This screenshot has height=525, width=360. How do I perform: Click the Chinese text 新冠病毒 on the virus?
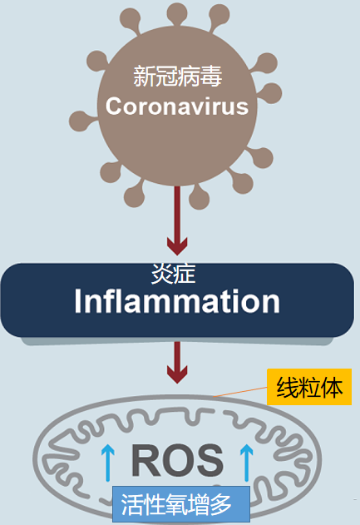click(x=177, y=77)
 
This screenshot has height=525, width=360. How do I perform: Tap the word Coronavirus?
click(x=177, y=106)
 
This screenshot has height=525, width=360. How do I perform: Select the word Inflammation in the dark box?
click(x=177, y=301)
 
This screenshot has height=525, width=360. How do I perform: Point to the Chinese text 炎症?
click(x=173, y=274)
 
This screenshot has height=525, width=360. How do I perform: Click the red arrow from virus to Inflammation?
click(x=177, y=220)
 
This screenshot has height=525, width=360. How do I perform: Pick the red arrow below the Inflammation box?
click(x=177, y=362)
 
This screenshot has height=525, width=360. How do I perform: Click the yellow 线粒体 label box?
click(x=309, y=387)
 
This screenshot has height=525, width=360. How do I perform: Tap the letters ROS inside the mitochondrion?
click(x=177, y=460)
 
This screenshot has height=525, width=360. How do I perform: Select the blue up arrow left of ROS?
click(x=108, y=463)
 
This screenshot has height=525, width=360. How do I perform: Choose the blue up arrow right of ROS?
click(x=247, y=463)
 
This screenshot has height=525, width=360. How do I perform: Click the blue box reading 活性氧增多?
click(x=181, y=504)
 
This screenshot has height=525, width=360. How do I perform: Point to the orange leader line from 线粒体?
click(x=240, y=392)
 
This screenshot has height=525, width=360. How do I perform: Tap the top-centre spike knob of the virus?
click(x=177, y=12)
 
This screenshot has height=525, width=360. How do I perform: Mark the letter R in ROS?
click(x=145, y=460)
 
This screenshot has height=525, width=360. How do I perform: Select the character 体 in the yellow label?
click(x=331, y=388)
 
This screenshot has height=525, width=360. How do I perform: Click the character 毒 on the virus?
click(x=211, y=77)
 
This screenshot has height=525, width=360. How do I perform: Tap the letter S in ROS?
click(x=210, y=460)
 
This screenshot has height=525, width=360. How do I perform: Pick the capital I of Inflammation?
click(x=77, y=301)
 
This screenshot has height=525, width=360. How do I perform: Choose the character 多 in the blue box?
click(x=220, y=504)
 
